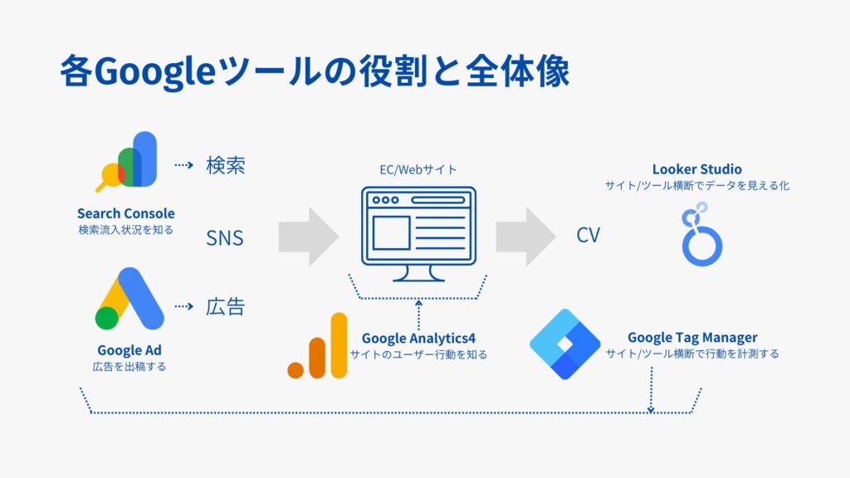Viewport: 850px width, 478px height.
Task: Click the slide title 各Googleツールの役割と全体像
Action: (315, 72)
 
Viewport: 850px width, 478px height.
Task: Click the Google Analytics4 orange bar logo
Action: (318, 346)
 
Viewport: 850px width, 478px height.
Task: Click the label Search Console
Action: (126, 213)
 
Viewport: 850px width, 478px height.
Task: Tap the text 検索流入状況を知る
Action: (126, 229)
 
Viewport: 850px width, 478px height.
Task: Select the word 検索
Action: (225, 165)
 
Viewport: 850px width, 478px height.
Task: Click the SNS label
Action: (225, 238)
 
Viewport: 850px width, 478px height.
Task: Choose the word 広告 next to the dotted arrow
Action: (225, 306)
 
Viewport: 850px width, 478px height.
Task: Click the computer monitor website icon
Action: (418, 234)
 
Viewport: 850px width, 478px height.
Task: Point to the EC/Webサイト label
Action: (413, 169)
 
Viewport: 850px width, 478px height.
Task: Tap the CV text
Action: (588, 236)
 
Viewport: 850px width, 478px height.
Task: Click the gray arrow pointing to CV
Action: (525, 237)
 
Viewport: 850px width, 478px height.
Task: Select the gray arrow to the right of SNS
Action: (308, 237)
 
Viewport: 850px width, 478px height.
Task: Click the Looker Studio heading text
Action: (696, 169)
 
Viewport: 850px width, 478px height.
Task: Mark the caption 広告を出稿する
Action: (129, 366)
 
